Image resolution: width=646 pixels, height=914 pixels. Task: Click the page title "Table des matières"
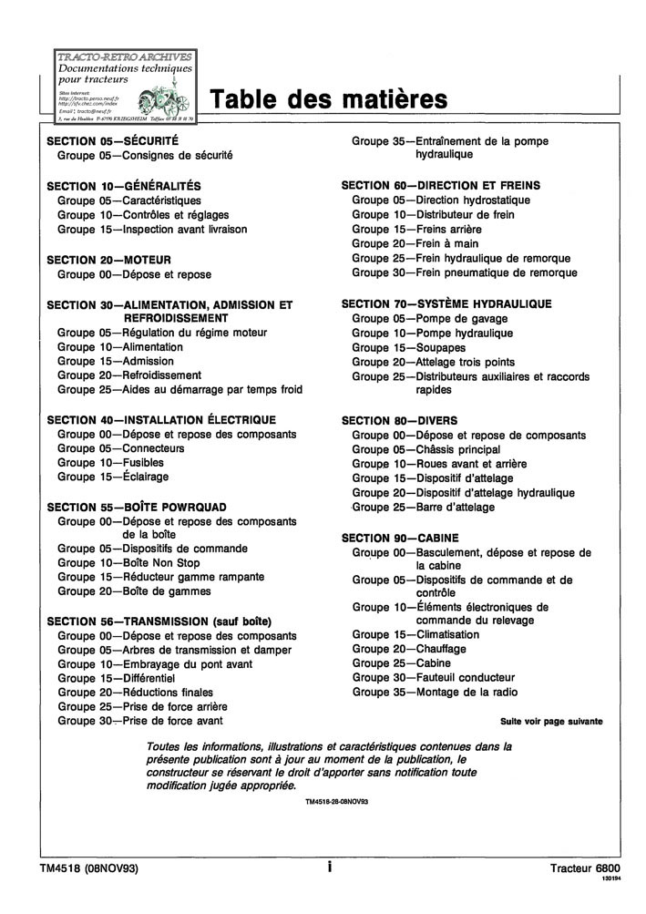(329, 99)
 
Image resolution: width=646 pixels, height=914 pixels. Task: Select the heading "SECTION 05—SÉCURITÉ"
(112, 141)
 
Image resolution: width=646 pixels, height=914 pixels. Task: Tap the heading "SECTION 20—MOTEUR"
(108, 260)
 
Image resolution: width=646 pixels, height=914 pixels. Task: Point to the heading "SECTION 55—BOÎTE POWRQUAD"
(137, 507)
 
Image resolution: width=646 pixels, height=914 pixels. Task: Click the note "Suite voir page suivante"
(550, 721)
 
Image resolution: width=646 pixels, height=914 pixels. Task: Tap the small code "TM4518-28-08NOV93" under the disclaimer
(336, 801)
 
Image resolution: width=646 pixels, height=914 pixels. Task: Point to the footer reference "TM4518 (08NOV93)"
(89, 868)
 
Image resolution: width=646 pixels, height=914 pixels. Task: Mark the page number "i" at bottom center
(329, 868)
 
